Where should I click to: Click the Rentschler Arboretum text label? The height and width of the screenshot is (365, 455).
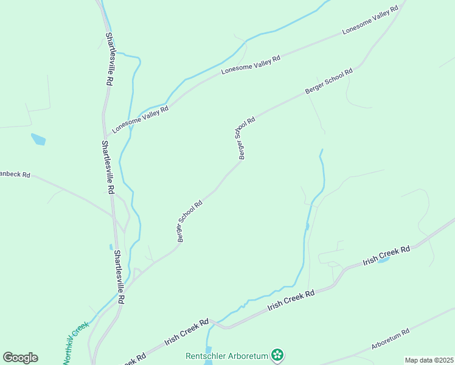(x=227, y=355)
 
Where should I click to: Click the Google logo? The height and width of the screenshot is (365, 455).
(x=20, y=358)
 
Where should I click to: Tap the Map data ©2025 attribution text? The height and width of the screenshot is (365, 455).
(x=429, y=360)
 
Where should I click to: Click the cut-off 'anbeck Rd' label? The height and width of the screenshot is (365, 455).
(x=15, y=175)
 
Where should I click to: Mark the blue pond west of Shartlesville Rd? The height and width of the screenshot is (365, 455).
(x=38, y=139)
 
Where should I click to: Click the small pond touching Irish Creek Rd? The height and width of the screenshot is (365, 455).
(x=384, y=260)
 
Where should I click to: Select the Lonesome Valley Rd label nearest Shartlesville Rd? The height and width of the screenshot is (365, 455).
(x=140, y=118)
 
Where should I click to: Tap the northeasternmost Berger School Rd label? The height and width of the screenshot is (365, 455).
(x=328, y=82)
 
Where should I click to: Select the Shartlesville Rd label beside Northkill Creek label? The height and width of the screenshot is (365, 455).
(x=120, y=277)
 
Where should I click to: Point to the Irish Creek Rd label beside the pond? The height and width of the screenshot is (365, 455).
(x=386, y=254)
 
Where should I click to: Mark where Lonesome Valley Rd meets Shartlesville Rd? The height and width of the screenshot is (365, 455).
(x=108, y=135)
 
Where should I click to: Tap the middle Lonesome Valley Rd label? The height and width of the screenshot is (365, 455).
(x=251, y=64)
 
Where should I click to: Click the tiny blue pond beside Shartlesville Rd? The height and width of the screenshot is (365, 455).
(x=111, y=247)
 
